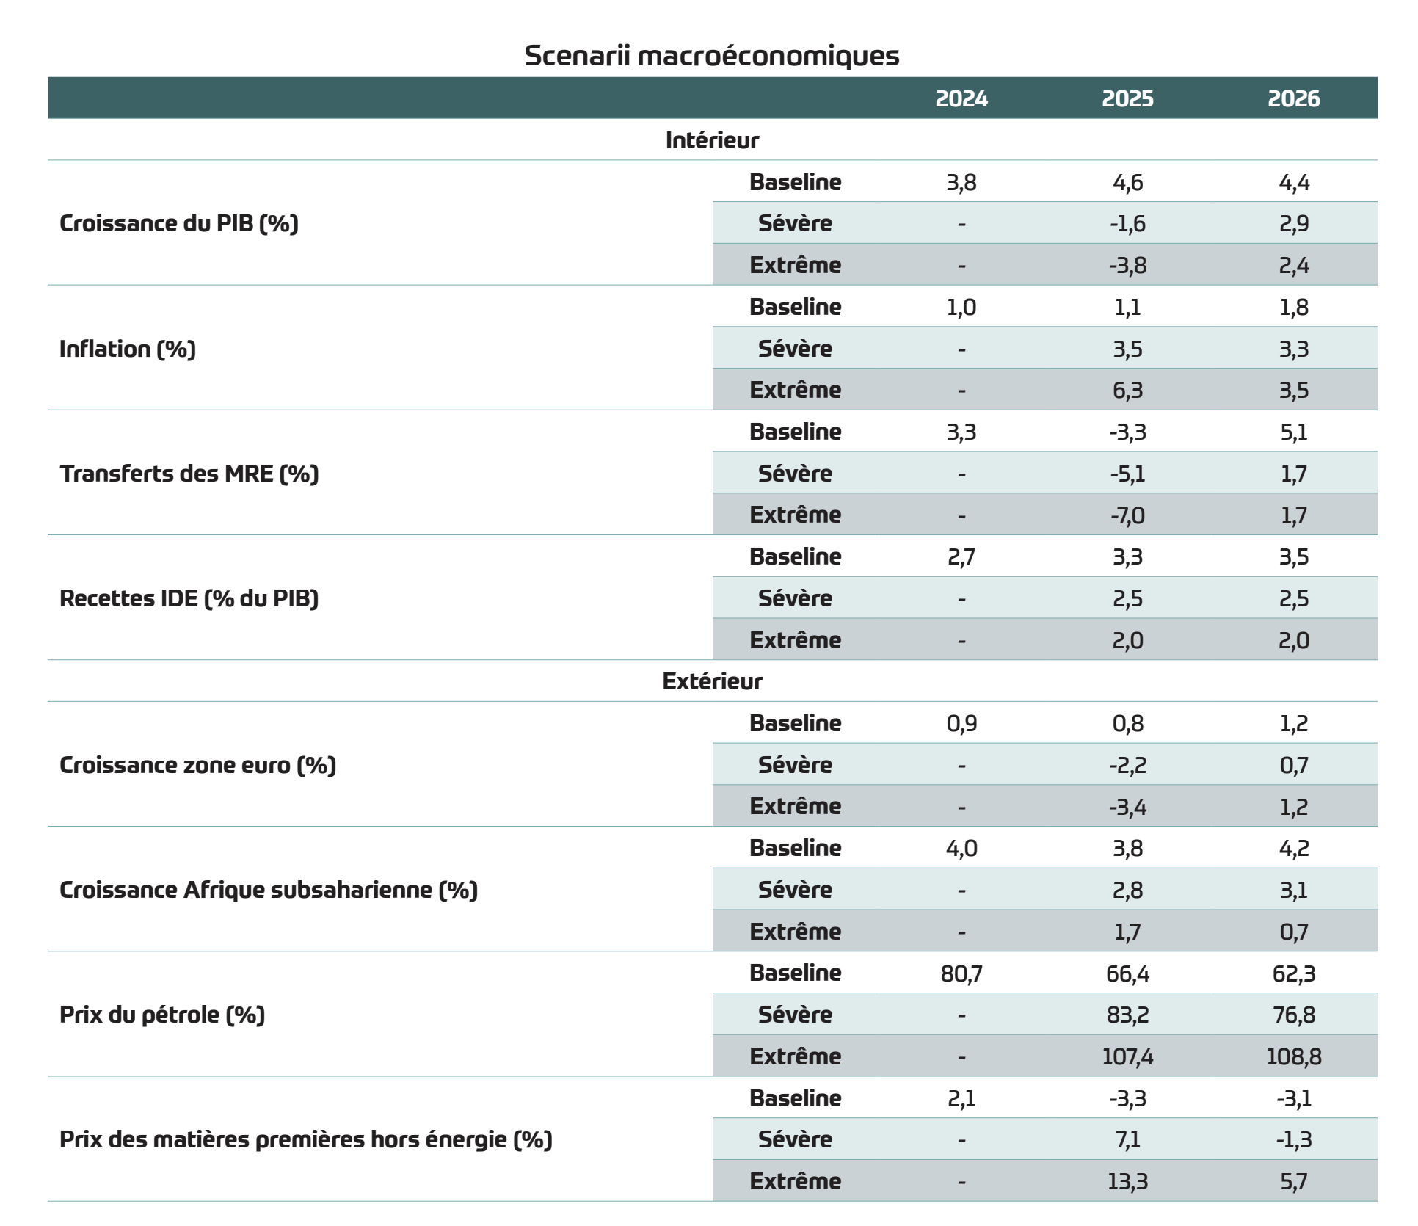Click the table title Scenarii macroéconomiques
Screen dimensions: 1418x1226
(x=712, y=56)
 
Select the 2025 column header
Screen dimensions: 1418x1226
(x=1127, y=98)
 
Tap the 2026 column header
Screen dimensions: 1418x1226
(x=1294, y=98)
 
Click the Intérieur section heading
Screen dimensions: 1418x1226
(x=712, y=140)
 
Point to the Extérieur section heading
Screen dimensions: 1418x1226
(x=712, y=681)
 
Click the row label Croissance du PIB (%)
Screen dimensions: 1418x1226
(x=179, y=223)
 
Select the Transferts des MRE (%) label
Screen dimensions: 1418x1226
(x=189, y=474)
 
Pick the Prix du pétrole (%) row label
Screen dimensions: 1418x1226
(x=162, y=1015)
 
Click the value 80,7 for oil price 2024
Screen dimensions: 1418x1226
(x=961, y=973)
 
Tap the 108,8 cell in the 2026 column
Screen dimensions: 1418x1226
(x=1294, y=1056)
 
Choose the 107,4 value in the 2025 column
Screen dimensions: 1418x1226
(x=1127, y=1056)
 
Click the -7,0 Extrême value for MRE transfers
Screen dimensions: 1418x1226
(x=1127, y=515)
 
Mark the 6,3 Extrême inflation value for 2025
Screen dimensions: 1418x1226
(x=1127, y=390)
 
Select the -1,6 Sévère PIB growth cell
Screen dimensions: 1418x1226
(x=1127, y=223)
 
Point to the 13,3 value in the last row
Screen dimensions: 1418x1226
(x=1127, y=1181)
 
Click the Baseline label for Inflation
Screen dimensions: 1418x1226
(x=796, y=307)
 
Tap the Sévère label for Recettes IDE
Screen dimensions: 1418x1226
(x=796, y=598)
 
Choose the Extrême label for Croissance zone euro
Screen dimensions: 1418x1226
(x=796, y=806)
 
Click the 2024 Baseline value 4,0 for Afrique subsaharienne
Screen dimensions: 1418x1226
(x=961, y=849)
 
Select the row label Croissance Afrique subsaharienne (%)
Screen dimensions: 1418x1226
(x=269, y=890)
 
